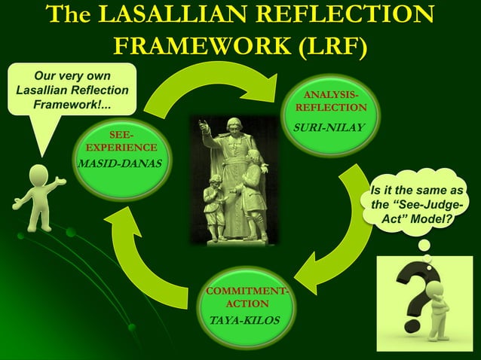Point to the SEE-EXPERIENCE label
click(x=121, y=141)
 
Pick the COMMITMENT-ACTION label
click(x=245, y=297)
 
